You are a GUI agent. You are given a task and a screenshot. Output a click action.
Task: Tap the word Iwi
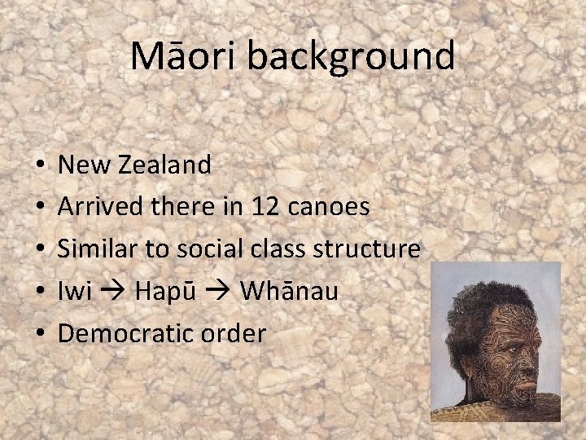(x=75, y=291)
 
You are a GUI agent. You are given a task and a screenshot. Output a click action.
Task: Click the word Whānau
(x=289, y=291)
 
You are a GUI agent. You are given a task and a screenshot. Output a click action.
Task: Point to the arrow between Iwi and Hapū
(x=114, y=292)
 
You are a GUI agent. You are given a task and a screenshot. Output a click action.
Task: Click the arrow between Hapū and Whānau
(x=217, y=292)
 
